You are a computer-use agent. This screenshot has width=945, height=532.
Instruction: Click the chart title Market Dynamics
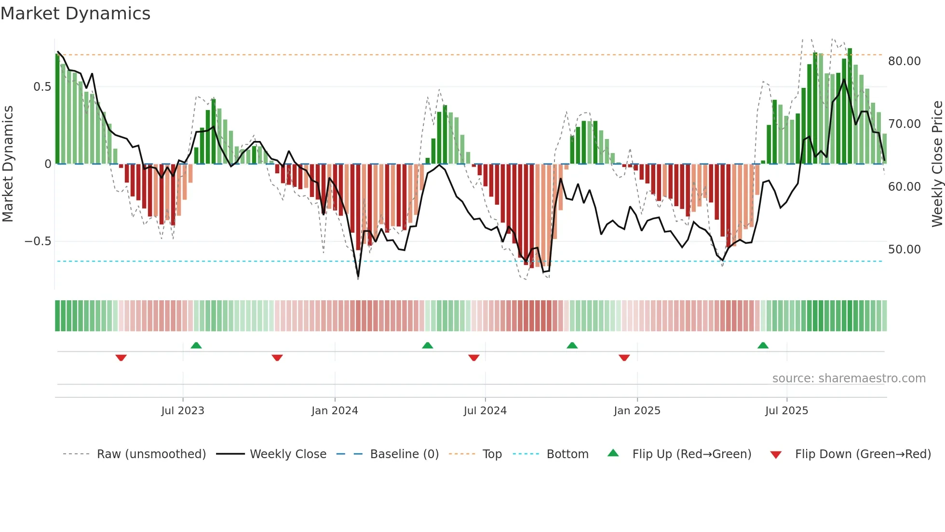75,14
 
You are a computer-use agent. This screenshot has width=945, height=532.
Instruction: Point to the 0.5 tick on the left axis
42,87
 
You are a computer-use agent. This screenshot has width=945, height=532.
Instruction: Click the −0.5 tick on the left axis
38,241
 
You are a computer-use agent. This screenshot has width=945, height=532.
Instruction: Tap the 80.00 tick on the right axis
904,61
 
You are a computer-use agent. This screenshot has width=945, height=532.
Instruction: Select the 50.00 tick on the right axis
904,250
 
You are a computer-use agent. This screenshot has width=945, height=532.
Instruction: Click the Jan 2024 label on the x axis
335,411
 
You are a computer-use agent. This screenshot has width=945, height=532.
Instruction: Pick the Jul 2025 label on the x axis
786,411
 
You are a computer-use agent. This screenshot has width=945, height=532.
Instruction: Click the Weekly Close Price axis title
937,164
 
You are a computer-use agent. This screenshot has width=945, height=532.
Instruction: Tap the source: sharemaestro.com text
849,378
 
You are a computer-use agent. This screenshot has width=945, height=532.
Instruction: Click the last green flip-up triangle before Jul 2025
763,346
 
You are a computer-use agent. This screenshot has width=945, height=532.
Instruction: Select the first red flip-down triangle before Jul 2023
121,358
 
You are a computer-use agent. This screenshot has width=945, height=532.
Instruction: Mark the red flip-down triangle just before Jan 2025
624,358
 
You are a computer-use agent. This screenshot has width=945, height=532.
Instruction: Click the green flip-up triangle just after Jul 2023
196,346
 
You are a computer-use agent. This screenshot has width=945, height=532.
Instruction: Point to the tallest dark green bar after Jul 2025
850,106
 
